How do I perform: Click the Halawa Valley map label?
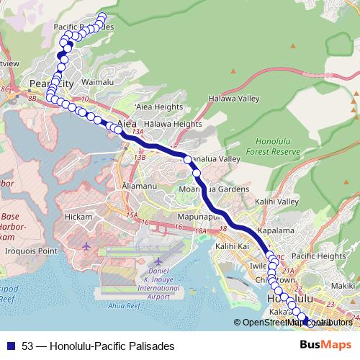tap(233, 98)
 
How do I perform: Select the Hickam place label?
tap(78, 217)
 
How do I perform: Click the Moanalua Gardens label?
tap(214, 189)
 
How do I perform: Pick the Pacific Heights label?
tap(319, 256)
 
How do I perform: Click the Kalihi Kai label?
tap(232, 246)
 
